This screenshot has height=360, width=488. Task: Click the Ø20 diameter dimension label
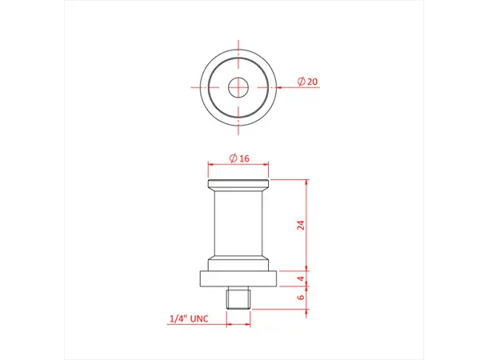(307, 82)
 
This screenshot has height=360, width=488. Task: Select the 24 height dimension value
(301, 225)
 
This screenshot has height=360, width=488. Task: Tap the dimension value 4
(301, 279)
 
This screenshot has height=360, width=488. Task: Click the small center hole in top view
(238, 86)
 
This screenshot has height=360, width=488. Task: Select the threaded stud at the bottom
(238, 299)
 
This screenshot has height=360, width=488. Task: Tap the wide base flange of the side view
(238, 279)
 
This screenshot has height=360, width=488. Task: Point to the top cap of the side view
(238, 186)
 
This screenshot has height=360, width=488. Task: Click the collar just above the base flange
(238, 265)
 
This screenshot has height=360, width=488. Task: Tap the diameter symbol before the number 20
(300, 82)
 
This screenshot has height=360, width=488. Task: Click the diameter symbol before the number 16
(232, 158)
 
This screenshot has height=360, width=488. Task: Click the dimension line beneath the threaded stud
(238, 324)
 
